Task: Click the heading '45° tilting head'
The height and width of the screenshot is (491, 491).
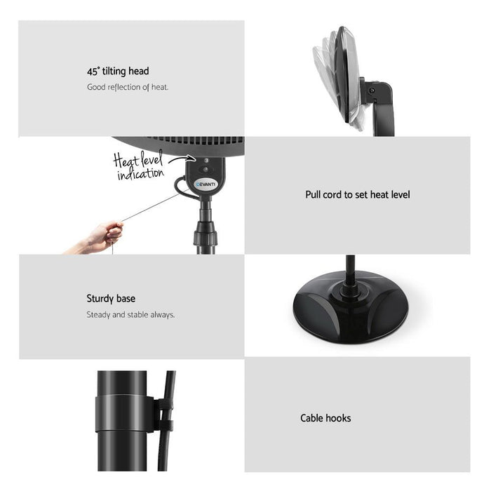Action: coord(118,72)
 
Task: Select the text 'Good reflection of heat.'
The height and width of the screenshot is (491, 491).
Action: coord(128,87)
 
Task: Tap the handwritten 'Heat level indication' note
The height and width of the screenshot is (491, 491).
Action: coord(139,166)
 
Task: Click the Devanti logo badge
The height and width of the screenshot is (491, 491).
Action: coord(206,184)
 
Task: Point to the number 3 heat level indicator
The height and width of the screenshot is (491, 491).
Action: coord(206,161)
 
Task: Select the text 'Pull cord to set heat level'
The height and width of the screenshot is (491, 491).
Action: coord(358,195)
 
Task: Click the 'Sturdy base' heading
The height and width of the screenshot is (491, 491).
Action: coord(111,298)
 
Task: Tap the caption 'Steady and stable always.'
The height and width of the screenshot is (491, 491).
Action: coord(130,315)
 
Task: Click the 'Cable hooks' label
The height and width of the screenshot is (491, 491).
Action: coord(325,418)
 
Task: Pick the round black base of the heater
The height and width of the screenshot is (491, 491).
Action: coord(351,309)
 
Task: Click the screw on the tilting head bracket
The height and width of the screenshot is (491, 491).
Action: coord(372,90)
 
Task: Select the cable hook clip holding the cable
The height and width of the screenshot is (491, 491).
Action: coord(164,415)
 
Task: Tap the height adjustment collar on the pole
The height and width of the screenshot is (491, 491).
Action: coord(205,233)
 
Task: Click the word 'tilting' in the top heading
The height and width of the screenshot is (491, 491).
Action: coord(114,72)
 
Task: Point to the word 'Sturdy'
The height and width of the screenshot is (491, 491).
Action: coord(100,298)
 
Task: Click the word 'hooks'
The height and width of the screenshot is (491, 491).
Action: coord(339,418)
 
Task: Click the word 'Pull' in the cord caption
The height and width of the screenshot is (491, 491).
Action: coord(313,195)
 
